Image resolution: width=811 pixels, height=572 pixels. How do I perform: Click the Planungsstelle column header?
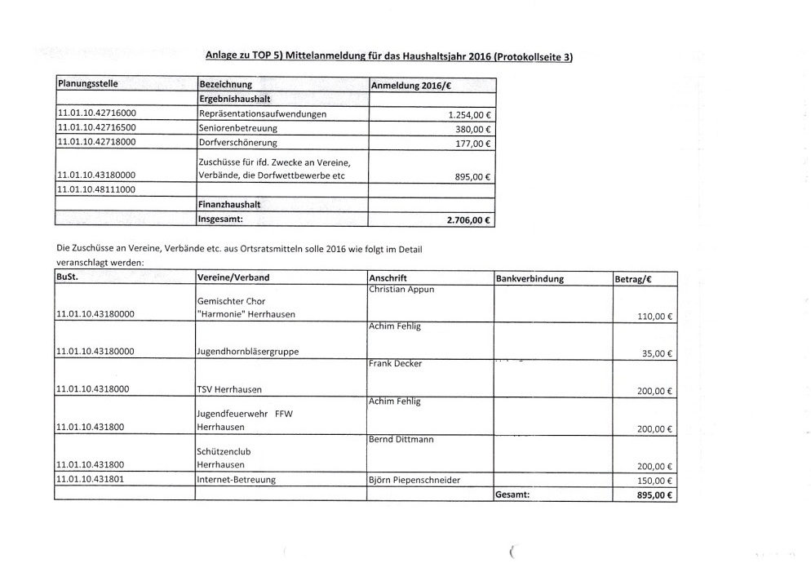(x=87, y=85)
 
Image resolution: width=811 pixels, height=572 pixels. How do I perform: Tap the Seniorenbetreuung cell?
(x=237, y=129)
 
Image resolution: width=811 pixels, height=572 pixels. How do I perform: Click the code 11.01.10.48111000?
(x=96, y=189)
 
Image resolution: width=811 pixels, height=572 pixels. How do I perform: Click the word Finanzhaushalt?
(x=229, y=205)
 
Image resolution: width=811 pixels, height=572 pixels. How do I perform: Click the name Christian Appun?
(x=401, y=290)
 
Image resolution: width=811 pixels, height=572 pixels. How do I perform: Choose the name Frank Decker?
(x=396, y=363)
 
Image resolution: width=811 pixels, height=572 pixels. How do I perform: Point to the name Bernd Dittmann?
(x=401, y=439)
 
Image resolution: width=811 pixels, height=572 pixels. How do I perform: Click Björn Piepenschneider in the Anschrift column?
(x=414, y=480)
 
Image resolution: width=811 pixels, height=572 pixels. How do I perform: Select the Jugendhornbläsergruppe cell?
(x=247, y=352)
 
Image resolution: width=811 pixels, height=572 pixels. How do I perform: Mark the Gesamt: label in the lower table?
(x=513, y=494)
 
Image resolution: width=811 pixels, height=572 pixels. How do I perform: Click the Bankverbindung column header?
(x=530, y=278)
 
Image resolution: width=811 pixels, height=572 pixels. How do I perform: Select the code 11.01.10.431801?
(x=91, y=480)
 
